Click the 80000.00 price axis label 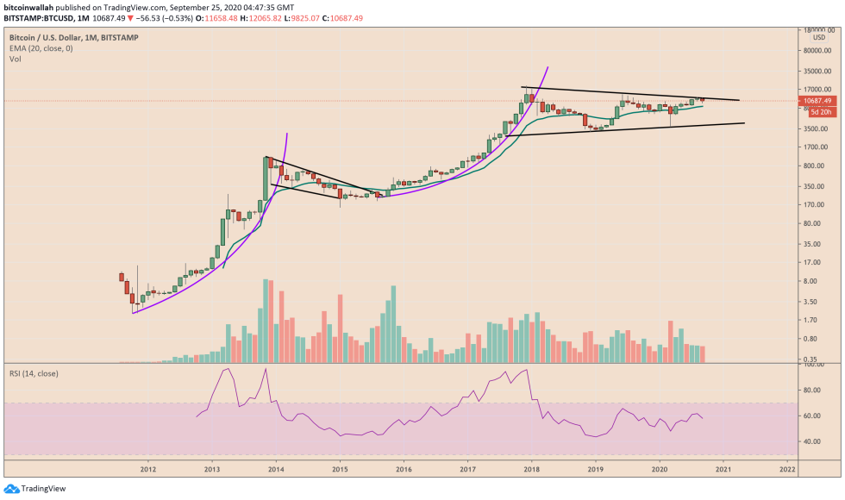click(816, 50)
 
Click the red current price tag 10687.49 click(814, 101)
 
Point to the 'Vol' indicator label click(15, 59)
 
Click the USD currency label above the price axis click(818, 36)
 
